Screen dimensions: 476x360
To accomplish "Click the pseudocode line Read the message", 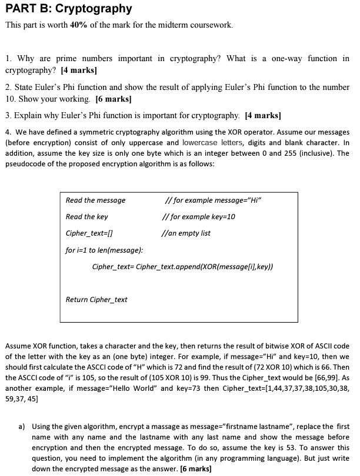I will pos(95,200).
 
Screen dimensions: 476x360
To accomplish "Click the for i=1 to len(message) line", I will pos(104,250).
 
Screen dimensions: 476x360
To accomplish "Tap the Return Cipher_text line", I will pos(96,300).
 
